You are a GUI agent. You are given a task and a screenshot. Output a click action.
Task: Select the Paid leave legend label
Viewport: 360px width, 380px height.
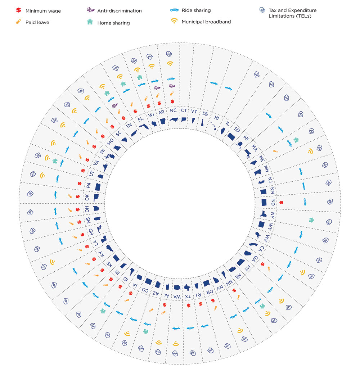point(37,22)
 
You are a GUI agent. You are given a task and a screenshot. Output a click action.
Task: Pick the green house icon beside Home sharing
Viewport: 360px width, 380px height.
point(90,22)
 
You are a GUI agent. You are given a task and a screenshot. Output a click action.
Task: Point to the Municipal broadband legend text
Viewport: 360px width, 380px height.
point(206,22)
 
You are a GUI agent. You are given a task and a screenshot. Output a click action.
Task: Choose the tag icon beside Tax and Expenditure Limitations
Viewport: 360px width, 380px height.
point(262,11)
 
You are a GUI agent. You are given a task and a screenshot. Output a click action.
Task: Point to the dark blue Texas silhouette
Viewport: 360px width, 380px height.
point(188,287)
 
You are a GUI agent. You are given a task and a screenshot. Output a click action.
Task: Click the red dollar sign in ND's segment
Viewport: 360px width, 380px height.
point(282,202)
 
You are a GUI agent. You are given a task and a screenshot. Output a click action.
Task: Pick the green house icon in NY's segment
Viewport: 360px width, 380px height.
point(311,220)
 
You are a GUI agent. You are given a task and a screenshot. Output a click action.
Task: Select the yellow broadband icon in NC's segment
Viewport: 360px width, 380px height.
point(170,63)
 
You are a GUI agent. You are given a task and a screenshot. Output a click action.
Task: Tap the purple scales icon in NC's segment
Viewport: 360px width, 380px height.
point(172,86)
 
